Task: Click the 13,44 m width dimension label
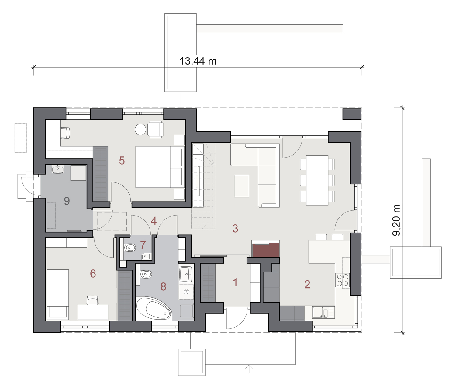[x=198, y=61]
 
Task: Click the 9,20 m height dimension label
[x=396, y=220]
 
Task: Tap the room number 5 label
[x=122, y=161]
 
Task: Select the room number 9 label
[x=67, y=201]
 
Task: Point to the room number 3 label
[x=235, y=228]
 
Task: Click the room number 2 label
[x=307, y=285]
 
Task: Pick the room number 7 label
[x=143, y=245]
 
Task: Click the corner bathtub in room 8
[x=154, y=308]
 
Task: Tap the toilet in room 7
[x=130, y=248]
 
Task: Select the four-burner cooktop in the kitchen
[x=342, y=280]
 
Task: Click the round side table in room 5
[x=140, y=129]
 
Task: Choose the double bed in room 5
[x=160, y=167]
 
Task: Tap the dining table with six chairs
[x=317, y=180]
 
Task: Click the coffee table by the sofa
[x=242, y=186]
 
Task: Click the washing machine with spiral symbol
[x=186, y=292]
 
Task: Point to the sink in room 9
[x=58, y=170]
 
